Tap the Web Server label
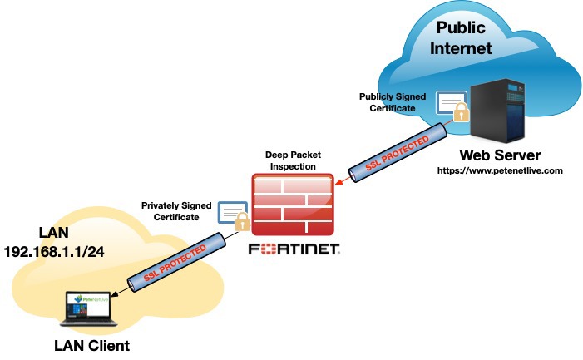click(x=501, y=155)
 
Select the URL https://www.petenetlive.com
click(x=501, y=171)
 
